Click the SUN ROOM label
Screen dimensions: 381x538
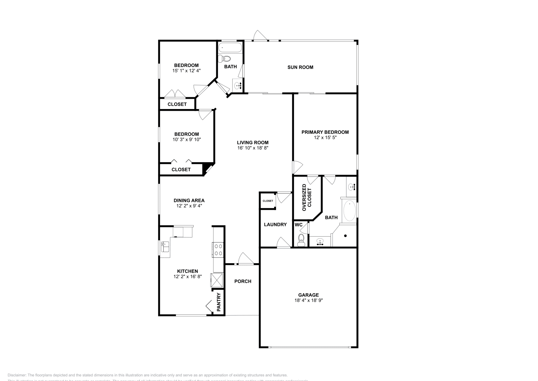point(300,67)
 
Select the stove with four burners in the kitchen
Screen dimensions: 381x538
point(218,249)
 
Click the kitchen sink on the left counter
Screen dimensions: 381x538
point(165,247)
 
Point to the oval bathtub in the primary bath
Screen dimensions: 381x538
point(349,211)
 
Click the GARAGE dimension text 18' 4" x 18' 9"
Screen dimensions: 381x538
point(308,301)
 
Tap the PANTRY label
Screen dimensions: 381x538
point(219,302)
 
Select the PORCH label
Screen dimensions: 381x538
point(242,281)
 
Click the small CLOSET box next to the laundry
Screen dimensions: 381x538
point(268,201)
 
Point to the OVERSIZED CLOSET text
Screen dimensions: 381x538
point(307,198)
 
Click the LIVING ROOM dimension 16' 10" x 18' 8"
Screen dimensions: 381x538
point(253,148)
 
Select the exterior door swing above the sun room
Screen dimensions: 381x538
point(260,35)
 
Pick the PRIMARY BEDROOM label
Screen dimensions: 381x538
point(325,132)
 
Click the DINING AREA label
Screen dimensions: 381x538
point(189,201)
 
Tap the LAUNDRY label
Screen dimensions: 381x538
point(275,224)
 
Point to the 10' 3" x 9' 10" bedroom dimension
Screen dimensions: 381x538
point(187,139)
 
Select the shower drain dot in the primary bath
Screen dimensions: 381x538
point(345,236)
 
